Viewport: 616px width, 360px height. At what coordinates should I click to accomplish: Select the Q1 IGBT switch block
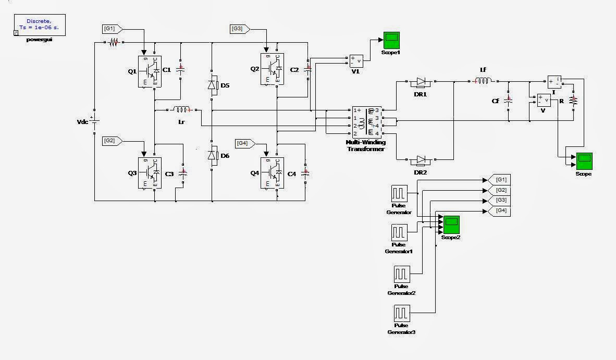pyautogui.click(x=150, y=71)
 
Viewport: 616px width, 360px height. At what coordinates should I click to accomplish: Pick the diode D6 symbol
pyautogui.click(x=212, y=155)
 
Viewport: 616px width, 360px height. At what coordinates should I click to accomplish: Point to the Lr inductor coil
pyautogui.click(x=182, y=110)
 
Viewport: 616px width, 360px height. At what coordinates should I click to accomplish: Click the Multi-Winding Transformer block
pyautogui.click(x=367, y=122)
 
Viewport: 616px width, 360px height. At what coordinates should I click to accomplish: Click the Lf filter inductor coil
pyautogui.click(x=483, y=81)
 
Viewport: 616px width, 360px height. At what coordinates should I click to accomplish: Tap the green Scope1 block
pyautogui.click(x=390, y=40)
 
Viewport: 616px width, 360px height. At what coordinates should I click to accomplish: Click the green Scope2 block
pyautogui.click(x=451, y=224)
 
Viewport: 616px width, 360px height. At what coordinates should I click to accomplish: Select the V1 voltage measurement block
pyautogui.click(x=356, y=61)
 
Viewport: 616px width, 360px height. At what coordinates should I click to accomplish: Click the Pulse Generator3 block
pyautogui.click(x=401, y=315)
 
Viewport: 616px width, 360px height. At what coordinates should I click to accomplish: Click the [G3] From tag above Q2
pyautogui.click(x=239, y=29)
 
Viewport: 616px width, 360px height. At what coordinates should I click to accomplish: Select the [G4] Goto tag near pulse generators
pyautogui.click(x=500, y=211)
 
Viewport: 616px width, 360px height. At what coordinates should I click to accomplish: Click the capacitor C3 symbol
pyautogui.click(x=182, y=172)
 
